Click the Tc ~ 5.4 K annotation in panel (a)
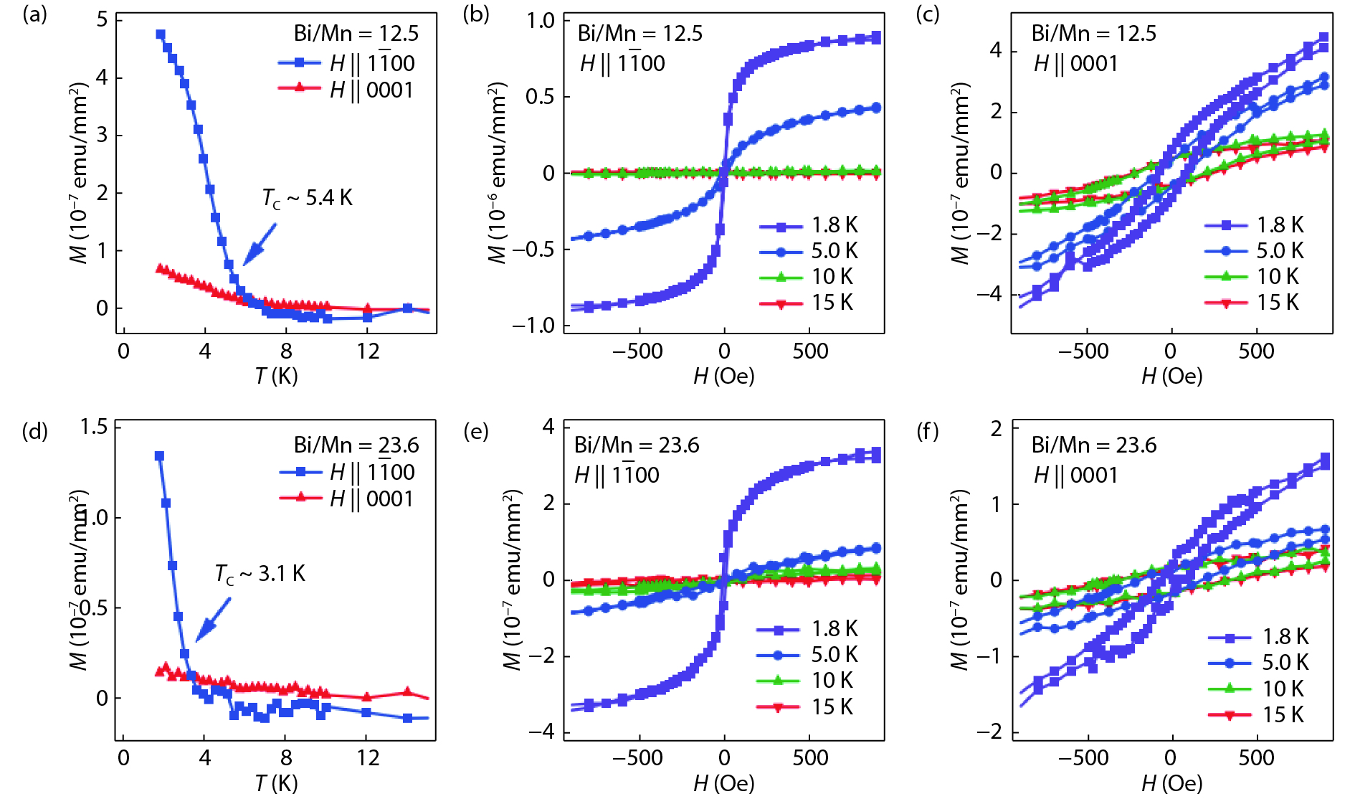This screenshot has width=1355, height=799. (307, 198)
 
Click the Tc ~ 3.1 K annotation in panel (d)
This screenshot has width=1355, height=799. (260, 574)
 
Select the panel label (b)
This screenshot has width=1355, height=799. (476, 14)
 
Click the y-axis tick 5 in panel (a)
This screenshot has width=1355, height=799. (103, 19)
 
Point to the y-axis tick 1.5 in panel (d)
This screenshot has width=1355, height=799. (94, 427)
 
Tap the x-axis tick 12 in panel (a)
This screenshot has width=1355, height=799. (368, 351)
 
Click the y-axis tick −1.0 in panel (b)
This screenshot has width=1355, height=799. (533, 326)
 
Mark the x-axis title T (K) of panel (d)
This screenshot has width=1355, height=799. (276, 783)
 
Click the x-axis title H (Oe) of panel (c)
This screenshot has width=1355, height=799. (1171, 376)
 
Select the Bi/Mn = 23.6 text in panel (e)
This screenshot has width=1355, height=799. (637, 445)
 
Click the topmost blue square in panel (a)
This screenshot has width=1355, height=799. (161, 34)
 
